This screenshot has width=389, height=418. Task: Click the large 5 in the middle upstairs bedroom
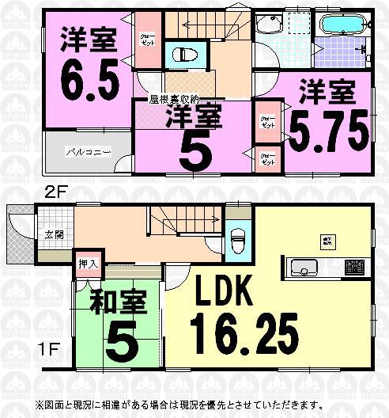pyautogui.click(x=192, y=150)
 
